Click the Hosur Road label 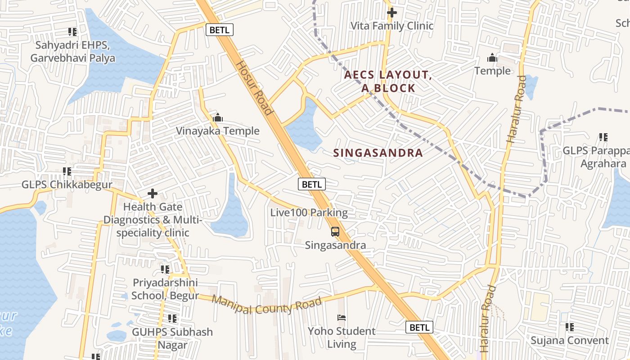click(x=255, y=88)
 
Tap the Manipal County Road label click(x=266, y=305)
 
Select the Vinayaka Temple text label click(x=218, y=131)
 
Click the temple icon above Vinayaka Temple click(x=218, y=118)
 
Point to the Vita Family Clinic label click(x=391, y=26)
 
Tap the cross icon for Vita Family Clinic click(x=392, y=13)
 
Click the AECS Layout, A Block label click(x=388, y=81)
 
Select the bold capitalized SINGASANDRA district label click(x=378, y=153)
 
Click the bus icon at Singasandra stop click(x=335, y=232)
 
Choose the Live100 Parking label click(x=309, y=212)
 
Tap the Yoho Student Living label click(x=342, y=337)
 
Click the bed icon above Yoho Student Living click(x=342, y=318)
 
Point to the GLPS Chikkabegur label click(x=67, y=184)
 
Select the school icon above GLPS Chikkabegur click(x=67, y=171)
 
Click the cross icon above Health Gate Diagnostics click(x=153, y=193)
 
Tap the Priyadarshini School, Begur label click(x=165, y=289)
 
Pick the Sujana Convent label click(x=569, y=340)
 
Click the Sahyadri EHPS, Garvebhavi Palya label click(x=72, y=52)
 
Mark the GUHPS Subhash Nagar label click(x=172, y=338)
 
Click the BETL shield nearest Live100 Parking click(x=311, y=184)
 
